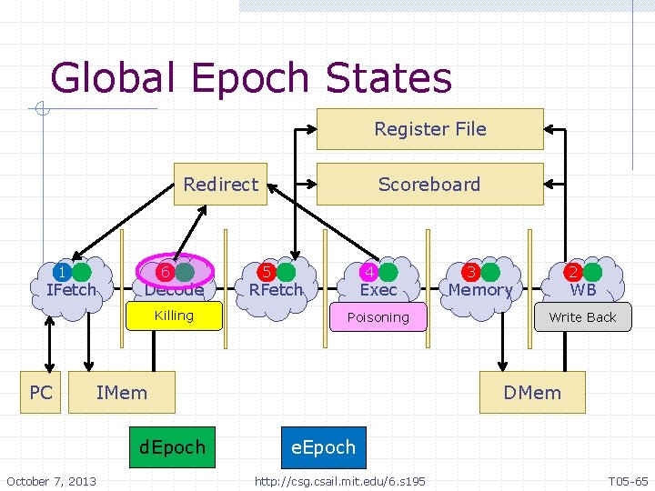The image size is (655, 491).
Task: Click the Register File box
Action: coord(429,129)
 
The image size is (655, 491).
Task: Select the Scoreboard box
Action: coord(429,185)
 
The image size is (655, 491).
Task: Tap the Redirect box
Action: coord(221,185)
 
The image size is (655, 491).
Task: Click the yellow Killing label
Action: coord(175,316)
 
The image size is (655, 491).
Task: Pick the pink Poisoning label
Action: coord(378,317)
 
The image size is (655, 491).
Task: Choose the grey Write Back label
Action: coord(582,317)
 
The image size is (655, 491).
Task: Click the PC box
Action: coord(41,393)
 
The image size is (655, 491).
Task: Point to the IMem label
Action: coord(121,393)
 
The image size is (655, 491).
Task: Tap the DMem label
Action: coord(532,393)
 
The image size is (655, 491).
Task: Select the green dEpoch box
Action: coord(172,447)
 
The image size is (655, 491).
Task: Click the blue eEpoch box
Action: coord(323,447)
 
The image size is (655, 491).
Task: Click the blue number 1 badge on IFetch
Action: coord(61,272)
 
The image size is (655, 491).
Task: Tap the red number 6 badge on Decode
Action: coord(165,272)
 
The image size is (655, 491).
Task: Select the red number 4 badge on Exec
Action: coord(369,272)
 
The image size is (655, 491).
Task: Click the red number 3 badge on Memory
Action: coord(471,272)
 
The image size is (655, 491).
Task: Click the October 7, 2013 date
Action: coord(51,480)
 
